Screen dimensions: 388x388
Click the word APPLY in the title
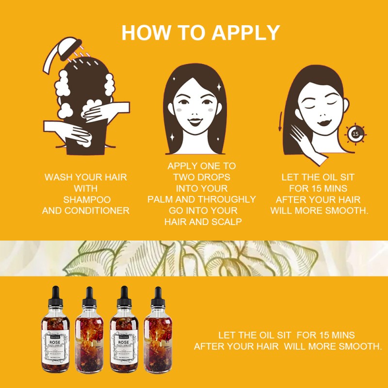pos(246,32)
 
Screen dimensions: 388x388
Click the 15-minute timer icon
pos(356,133)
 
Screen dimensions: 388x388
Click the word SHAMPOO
pos(87,199)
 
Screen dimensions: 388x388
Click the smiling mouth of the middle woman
pos(195,121)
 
